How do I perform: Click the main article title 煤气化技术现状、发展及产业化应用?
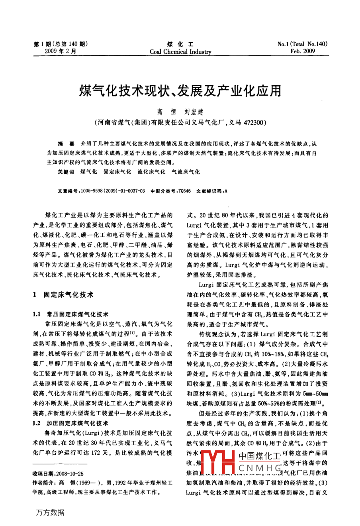coord(180,91)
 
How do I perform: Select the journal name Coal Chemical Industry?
coord(180,52)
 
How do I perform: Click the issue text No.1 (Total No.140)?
coord(302,44)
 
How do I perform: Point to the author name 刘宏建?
coord(194,112)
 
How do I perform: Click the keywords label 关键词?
coord(66,172)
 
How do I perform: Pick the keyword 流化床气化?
coord(151,172)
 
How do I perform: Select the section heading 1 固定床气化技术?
coord(64,294)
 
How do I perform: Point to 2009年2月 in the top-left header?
coord(61,51)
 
